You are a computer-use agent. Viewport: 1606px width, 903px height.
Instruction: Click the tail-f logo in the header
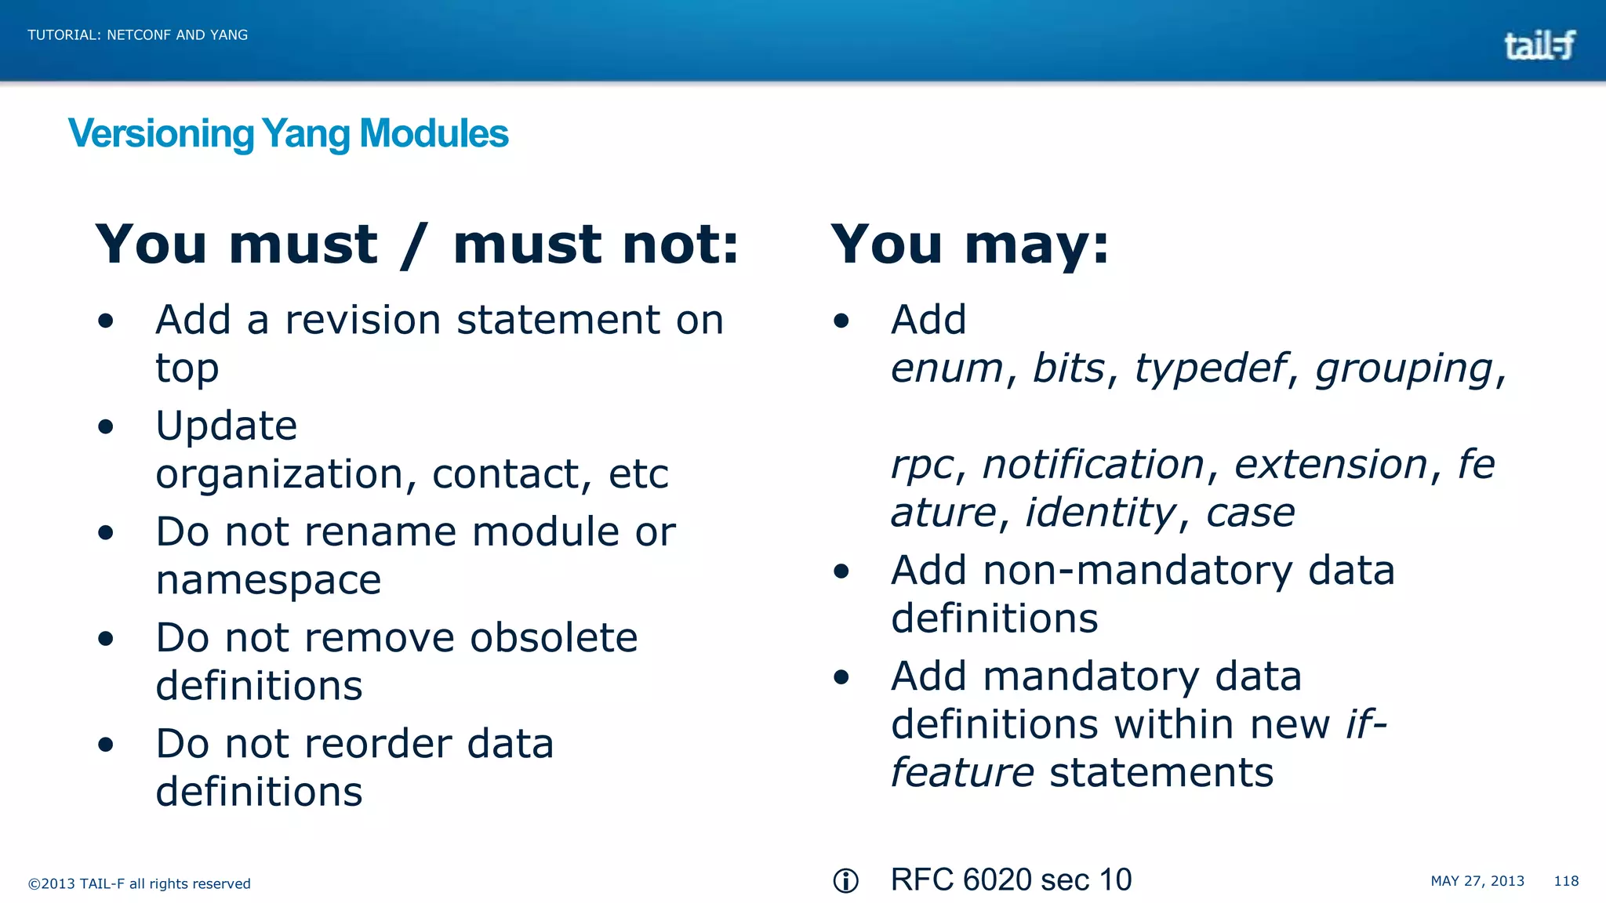tap(1539, 45)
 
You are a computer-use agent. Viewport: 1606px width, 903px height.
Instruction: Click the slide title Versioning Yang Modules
tap(288, 133)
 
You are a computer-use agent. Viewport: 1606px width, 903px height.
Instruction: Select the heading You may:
tap(970, 244)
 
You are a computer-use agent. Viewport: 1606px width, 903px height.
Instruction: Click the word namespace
tap(268, 580)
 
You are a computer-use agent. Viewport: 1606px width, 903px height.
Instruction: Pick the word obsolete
tap(554, 637)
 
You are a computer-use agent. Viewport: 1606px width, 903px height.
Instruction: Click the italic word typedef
tap(1210, 368)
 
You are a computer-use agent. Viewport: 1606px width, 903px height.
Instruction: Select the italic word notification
tap(1093, 464)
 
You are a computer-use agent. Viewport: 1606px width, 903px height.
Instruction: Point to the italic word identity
tap(1101, 513)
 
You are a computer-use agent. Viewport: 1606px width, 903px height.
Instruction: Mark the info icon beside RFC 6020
tap(845, 881)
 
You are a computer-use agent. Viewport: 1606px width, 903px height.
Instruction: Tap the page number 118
tap(1566, 881)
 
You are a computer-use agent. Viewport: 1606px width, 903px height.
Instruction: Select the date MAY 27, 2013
tap(1477, 881)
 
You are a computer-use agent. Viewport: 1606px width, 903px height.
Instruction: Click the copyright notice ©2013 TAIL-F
tap(139, 883)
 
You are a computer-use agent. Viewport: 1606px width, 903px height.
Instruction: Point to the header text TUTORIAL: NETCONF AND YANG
tap(137, 35)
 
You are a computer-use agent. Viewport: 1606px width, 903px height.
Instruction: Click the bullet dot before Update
tap(106, 427)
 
